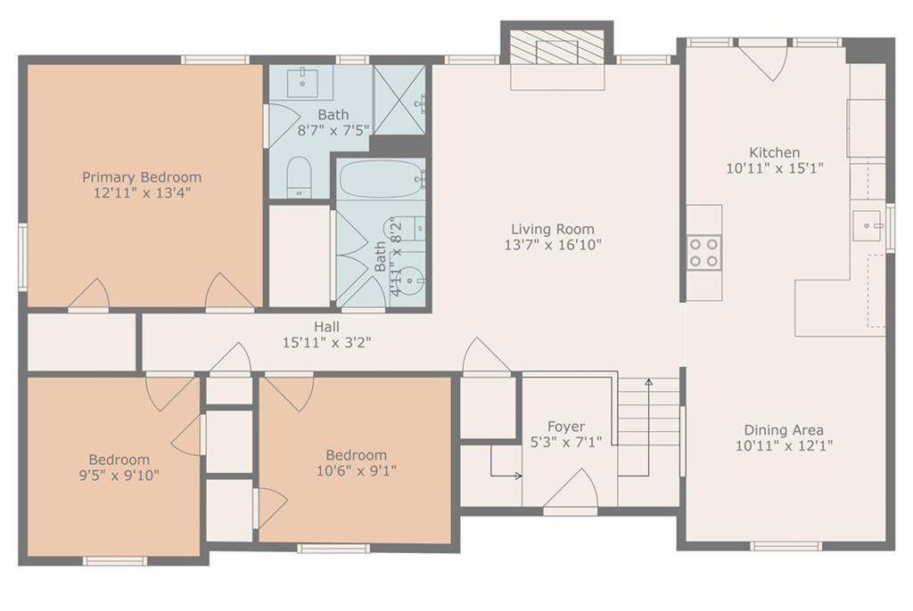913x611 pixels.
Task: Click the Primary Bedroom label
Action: click(142, 177)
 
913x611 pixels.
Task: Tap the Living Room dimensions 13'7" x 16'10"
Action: click(553, 245)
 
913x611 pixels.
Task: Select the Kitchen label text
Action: click(775, 152)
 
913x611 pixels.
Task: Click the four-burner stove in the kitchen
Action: click(704, 253)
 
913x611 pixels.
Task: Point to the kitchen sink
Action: click(868, 225)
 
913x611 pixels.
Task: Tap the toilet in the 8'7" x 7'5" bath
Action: click(300, 177)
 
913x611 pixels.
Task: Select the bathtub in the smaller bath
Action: click(382, 179)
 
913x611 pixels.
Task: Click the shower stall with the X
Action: click(399, 100)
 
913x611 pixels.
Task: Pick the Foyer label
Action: click(566, 427)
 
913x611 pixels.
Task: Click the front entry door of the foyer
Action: click(571, 492)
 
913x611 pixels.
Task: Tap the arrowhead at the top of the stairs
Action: click(649, 382)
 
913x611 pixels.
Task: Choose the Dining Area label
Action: click(784, 430)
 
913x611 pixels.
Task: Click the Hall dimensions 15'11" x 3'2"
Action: click(326, 343)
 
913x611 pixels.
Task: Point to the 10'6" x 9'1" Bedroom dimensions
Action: click(357, 470)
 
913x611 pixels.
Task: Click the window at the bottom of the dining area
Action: click(786, 546)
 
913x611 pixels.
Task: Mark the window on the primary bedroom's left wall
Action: click(22, 257)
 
